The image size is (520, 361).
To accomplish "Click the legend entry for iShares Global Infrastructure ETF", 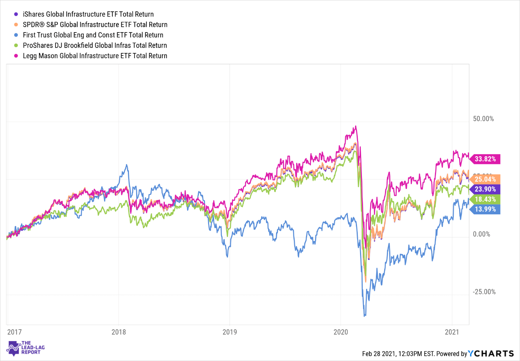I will [88, 14].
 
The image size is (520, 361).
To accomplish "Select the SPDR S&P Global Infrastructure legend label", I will [95, 25].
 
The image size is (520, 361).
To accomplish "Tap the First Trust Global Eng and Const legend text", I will [93, 35].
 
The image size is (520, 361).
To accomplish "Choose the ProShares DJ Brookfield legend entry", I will [95, 45].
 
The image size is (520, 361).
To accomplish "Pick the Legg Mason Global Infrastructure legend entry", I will [95, 56].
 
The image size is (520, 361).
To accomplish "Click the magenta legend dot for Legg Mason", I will [16, 56].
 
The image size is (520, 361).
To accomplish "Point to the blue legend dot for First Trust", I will [16, 35].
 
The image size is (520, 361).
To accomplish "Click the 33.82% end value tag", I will [485, 159].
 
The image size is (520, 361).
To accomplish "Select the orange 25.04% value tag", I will [485, 179].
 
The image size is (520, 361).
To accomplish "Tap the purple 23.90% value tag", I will [485, 189].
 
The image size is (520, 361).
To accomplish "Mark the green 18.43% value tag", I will [485, 199].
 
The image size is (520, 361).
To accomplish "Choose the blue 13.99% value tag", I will [485, 209].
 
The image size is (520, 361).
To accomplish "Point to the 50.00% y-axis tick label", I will [483, 119].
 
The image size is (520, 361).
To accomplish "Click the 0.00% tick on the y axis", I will [481, 234].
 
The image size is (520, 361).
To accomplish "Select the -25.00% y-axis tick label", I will [484, 292].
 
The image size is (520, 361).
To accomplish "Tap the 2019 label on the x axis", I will [230, 332].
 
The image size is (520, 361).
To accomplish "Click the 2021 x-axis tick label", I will [452, 332].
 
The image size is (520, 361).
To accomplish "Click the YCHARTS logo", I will [491, 353].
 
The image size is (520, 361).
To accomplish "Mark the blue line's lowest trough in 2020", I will [365, 316].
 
